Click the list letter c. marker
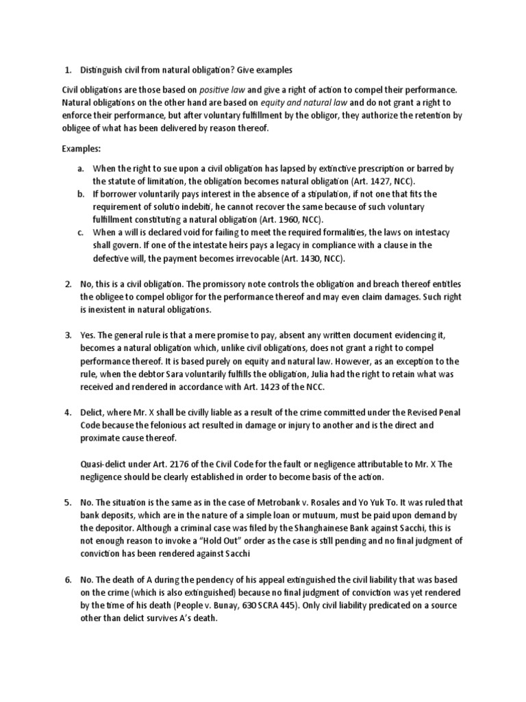click(x=81, y=232)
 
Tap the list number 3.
click(x=68, y=335)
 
